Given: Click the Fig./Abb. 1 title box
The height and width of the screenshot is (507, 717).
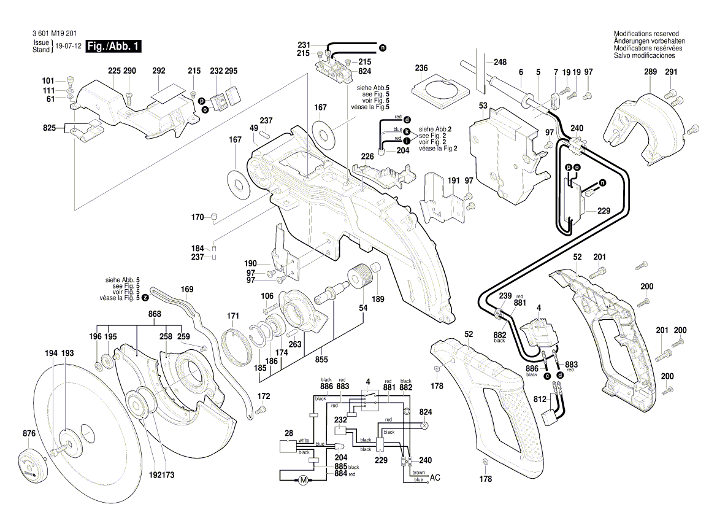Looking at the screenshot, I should [114, 47].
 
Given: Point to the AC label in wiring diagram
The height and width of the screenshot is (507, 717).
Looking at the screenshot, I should [435, 478].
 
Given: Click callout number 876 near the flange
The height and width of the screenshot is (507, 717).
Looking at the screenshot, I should [28, 434].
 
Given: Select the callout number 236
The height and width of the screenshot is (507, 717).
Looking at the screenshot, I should [421, 68].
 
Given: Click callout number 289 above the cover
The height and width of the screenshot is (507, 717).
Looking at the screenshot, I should [650, 72].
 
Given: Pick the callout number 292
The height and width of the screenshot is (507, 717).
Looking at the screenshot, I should [158, 71].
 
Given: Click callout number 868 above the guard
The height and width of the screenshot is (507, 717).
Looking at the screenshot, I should [155, 314].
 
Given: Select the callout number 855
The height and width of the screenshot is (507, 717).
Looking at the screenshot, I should [321, 359].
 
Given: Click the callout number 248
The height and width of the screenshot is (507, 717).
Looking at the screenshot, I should [500, 62].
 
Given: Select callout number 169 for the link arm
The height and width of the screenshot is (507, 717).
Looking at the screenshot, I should [186, 288].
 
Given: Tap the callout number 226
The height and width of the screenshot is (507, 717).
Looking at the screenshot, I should [367, 157].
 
